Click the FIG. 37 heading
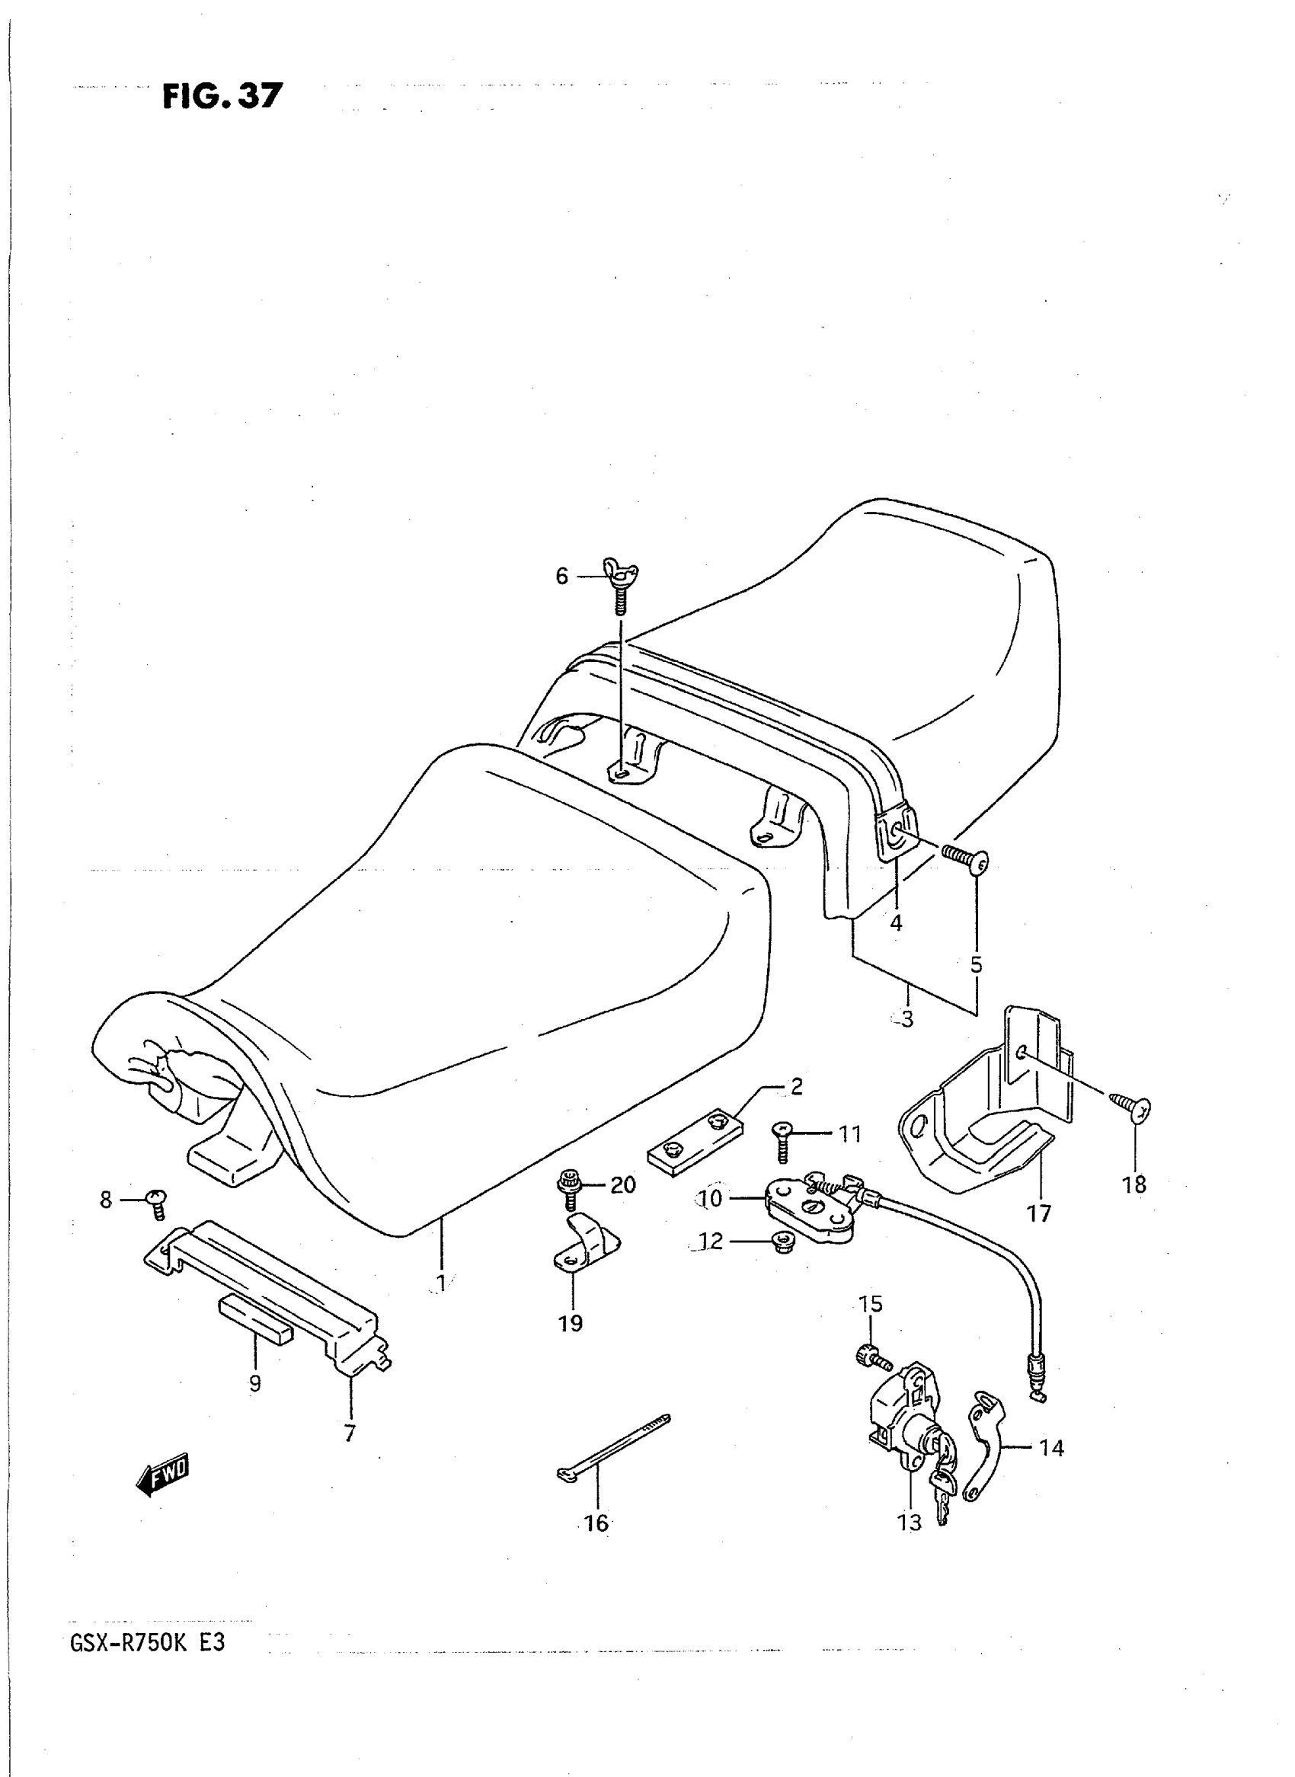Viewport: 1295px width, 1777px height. point(222,96)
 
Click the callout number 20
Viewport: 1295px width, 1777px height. point(622,1184)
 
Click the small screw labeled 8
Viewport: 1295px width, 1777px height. point(157,1203)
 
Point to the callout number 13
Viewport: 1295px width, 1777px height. point(910,1523)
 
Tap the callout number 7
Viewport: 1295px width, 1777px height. point(350,1433)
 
